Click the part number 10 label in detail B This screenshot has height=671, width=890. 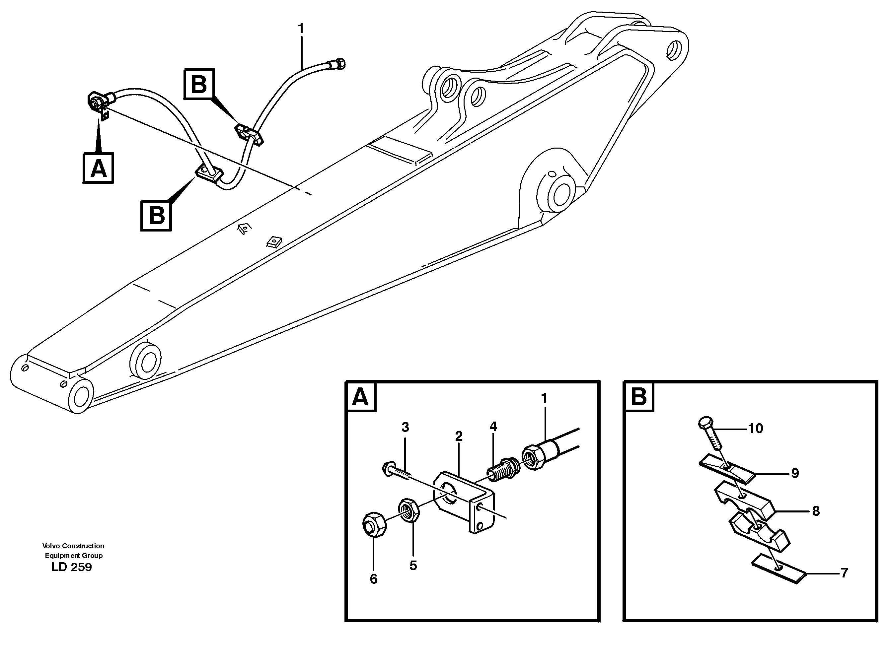[x=755, y=429]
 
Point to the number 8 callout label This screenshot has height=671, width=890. [x=816, y=511]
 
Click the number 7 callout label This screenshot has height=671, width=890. [x=844, y=573]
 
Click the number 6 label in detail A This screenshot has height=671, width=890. [x=373, y=579]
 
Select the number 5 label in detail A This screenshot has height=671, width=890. [x=413, y=566]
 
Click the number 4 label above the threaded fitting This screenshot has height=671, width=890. [x=493, y=427]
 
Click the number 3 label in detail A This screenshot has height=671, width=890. [x=405, y=427]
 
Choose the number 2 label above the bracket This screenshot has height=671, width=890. [x=459, y=436]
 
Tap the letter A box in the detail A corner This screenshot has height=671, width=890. [x=360, y=397]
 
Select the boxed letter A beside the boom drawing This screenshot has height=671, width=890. [x=99, y=168]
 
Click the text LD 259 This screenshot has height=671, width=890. [x=72, y=567]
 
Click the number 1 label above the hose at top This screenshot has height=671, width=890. [x=301, y=29]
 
